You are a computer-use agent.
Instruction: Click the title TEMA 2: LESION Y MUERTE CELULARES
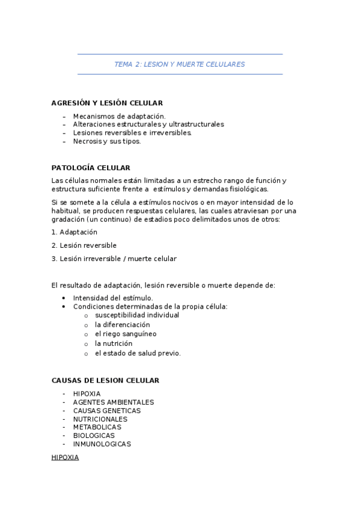[180, 64]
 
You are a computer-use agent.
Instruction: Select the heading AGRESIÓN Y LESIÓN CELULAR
[107, 103]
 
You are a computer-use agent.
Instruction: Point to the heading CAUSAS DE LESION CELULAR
[105, 381]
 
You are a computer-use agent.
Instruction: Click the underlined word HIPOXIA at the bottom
[65, 458]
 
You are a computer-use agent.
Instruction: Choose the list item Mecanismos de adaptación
[119, 116]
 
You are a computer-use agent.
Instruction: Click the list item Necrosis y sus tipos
[107, 141]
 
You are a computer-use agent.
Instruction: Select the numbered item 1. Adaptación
[75, 232]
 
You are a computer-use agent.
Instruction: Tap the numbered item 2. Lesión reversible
[84, 245]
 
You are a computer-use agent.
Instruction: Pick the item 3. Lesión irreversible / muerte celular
[114, 259]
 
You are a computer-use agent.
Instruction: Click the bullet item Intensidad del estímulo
[113, 298]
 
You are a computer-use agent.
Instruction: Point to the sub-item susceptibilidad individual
[137, 315]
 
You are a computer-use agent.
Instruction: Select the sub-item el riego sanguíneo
[126, 334]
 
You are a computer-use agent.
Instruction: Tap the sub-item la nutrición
[114, 343]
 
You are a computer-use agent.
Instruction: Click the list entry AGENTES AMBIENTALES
[114, 402]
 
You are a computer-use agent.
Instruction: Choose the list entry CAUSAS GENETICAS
[107, 411]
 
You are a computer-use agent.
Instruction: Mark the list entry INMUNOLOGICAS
[102, 444]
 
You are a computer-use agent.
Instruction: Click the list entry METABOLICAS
[97, 428]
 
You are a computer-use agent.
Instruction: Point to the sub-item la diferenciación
[123, 325]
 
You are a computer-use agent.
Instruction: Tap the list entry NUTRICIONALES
[100, 419]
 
